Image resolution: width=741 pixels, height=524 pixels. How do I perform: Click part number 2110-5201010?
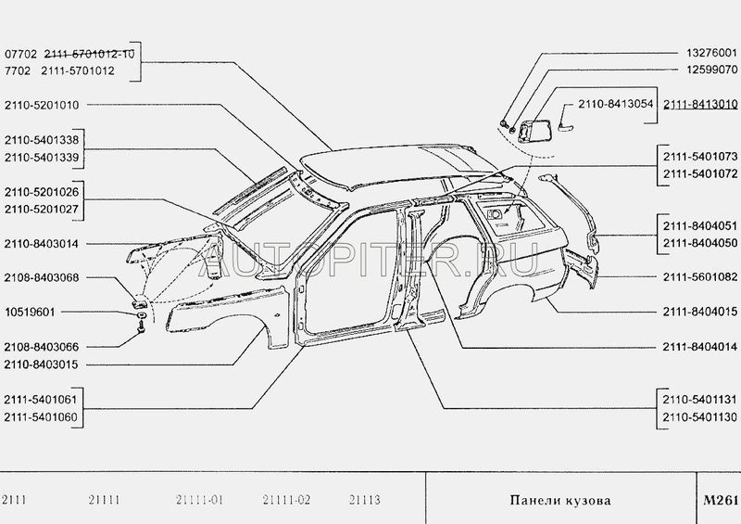[x=42, y=105]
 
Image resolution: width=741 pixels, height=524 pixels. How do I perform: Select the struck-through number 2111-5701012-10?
[x=89, y=54]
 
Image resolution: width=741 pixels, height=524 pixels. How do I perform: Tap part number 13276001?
[x=711, y=53]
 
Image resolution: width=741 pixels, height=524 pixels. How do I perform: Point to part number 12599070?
[x=711, y=70]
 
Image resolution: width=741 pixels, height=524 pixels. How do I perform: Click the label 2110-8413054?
[x=615, y=104]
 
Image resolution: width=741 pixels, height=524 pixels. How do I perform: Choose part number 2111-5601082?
[x=700, y=277]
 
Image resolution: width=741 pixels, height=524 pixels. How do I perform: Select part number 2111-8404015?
[x=700, y=312]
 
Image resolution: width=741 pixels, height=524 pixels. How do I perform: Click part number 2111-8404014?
[x=700, y=347]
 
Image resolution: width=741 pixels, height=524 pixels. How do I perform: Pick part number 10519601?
[x=30, y=313]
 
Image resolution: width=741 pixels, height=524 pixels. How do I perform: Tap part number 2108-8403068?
[x=42, y=277]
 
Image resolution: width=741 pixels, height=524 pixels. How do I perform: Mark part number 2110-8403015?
[x=42, y=364]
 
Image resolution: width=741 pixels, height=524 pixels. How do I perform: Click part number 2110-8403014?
[x=42, y=244]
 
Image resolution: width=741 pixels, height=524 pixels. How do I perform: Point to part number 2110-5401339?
[x=42, y=157]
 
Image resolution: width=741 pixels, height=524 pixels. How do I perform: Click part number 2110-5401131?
[x=700, y=400]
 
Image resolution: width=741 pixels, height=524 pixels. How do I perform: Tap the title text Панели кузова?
[x=560, y=500]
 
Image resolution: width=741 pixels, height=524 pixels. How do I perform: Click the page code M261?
[x=721, y=500]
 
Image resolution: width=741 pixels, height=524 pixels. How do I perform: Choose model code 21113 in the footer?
[x=364, y=500]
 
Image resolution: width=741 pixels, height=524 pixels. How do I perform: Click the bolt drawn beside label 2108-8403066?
[x=141, y=326]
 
